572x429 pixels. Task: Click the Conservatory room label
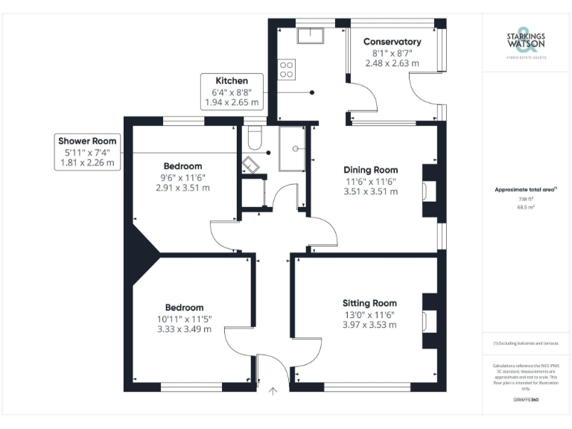pyautogui.click(x=392, y=42)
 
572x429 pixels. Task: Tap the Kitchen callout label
pyautogui.click(x=231, y=80)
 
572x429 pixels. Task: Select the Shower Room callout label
pyautogui.click(x=89, y=140)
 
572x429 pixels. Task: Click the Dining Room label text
pyautogui.click(x=370, y=169)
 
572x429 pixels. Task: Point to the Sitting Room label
pyautogui.click(x=369, y=303)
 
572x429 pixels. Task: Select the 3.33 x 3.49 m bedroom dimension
pyautogui.click(x=183, y=329)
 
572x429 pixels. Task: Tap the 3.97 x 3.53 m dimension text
pyautogui.click(x=369, y=325)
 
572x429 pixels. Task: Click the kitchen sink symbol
pyautogui.click(x=308, y=35)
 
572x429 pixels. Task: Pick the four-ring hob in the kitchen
pyautogui.click(x=286, y=69)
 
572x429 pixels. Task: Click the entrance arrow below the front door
pyautogui.click(x=273, y=392)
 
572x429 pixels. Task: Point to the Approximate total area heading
pyautogui.click(x=525, y=190)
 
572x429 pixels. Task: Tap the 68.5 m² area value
pyautogui.click(x=526, y=208)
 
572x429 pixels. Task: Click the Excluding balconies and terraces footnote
pyautogui.click(x=525, y=343)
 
